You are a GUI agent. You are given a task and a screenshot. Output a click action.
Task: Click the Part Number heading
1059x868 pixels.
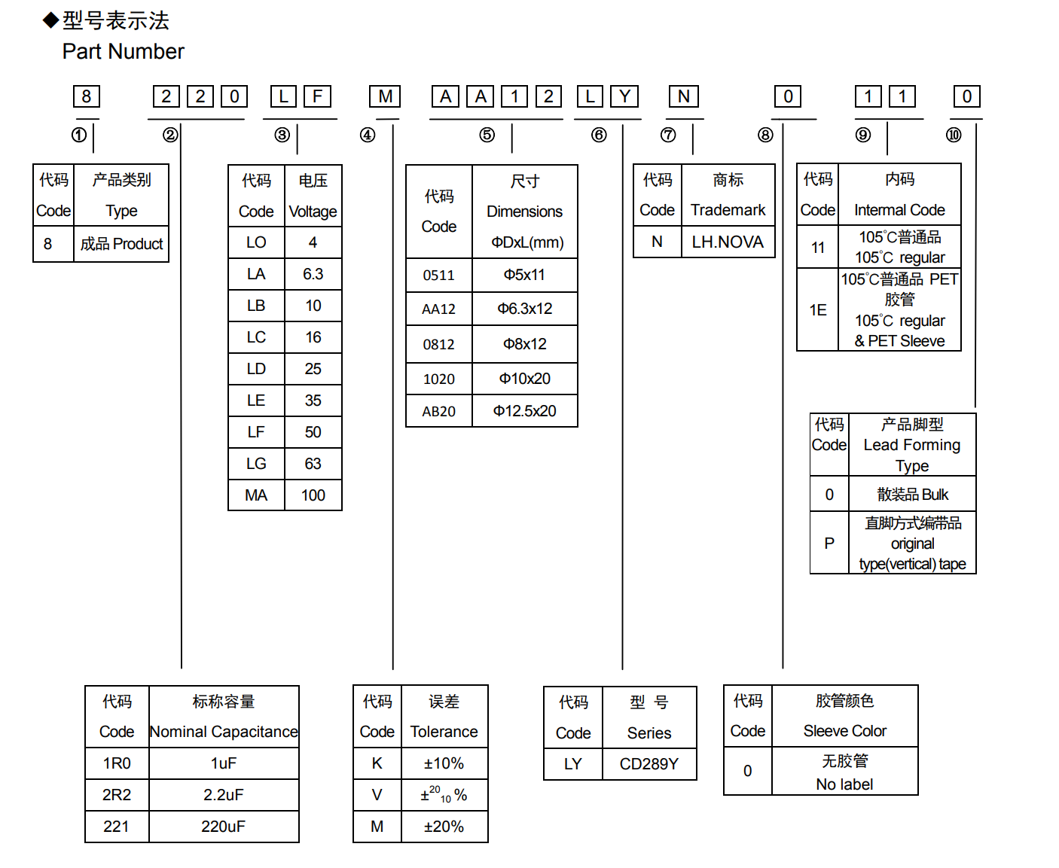tap(123, 51)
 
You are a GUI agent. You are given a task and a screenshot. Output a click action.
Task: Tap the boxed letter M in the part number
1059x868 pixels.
tap(385, 96)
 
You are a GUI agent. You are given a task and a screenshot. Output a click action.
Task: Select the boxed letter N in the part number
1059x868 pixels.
tap(683, 96)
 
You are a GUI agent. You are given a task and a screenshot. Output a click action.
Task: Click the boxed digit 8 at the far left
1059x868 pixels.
tap(87, 96)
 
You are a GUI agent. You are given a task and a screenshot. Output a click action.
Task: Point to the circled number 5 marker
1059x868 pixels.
tap(487, 135)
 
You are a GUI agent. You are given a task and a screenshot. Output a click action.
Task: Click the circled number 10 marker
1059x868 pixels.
tap(954, 135)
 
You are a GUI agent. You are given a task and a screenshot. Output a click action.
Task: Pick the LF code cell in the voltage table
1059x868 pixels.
tap(256, 432)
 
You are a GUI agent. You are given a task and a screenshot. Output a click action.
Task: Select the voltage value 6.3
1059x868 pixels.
tap(313, 274)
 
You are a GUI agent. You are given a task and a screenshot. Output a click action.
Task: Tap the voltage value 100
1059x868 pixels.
tap(313, 495)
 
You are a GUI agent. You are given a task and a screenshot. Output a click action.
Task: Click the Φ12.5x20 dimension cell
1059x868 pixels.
tap(525, 411)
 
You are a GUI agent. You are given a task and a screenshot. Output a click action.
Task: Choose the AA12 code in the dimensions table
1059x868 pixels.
tap(439, 309)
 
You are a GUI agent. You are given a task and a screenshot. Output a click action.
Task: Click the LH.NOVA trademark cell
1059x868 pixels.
tap(728, 242)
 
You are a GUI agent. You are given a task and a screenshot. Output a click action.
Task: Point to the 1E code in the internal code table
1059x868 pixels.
tap(818, 310)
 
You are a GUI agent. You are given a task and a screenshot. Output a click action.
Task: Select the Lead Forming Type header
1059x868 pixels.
tap(912, 445)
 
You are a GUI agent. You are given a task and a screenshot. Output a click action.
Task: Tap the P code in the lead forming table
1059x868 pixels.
tap(829, 543)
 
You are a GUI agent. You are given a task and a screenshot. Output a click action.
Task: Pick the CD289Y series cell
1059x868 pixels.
tap(649, 764)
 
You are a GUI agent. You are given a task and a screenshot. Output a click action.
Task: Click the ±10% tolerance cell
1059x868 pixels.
tap(444, 763)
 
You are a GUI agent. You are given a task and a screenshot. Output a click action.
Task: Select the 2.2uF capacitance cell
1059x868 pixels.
tap(224, 795)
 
